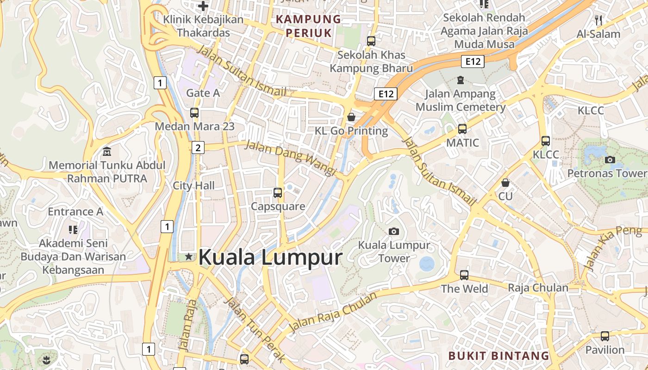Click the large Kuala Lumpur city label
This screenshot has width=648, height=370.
point(270,258)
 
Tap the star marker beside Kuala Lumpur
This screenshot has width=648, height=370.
point(188,257)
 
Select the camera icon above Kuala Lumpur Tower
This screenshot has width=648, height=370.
point(394,231)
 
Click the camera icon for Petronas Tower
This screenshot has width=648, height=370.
point(610,160)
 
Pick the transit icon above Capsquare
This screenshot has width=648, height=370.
point(278,192)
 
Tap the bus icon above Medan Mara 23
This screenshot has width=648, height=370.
point(194,112)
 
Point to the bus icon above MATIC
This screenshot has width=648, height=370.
point(462,129)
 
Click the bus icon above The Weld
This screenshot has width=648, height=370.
point(464,275)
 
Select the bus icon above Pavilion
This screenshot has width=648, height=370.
point(605,336)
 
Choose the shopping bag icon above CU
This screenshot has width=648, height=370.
point(505,183)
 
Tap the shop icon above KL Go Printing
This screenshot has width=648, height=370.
point(351,117)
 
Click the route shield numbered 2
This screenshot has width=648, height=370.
point(198,148)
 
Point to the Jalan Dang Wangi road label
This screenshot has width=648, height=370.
point(290,158)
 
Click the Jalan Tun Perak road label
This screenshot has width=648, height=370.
point(255,329)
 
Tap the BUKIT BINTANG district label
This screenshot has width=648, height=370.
point(498,356)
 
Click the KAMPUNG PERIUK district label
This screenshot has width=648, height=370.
point(308,26)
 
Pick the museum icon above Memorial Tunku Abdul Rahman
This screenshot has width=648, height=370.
point(107,151)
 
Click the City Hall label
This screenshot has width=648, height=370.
point(193,185)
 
